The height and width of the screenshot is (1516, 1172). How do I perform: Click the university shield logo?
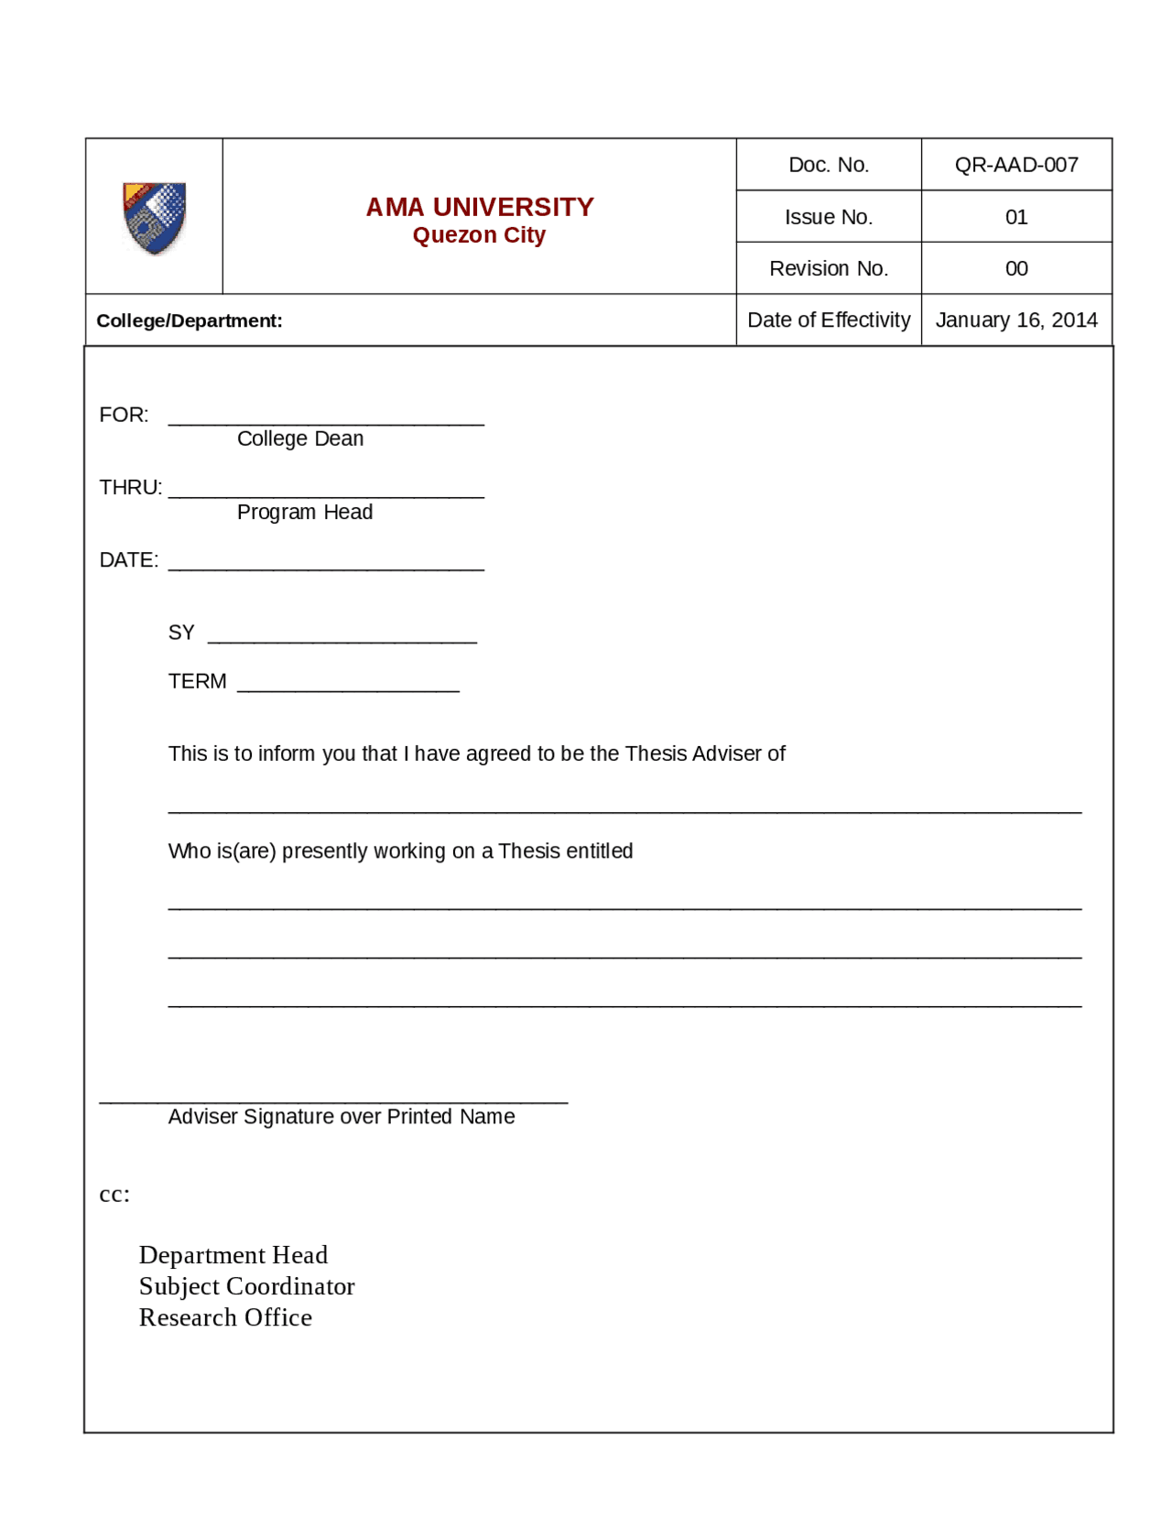point(154,218)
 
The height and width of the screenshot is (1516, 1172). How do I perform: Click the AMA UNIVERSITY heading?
point(479,207)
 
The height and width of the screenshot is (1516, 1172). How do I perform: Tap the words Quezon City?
point(479,235)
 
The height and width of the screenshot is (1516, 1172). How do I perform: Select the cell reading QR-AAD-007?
point(1015,165)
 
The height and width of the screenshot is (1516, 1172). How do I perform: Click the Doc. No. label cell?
point(828,165)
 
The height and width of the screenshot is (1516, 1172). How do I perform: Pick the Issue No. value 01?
point(1015,217)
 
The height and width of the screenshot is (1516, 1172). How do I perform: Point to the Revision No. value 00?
point(1015,268)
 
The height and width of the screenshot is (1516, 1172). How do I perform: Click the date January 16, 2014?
point(1015,319)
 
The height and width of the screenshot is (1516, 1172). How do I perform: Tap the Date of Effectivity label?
point(828,319)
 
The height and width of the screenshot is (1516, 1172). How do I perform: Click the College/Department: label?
point(190,321)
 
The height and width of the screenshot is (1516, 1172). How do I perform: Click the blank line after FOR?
point(326,420)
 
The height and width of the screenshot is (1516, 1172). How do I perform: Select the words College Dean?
point(300,439)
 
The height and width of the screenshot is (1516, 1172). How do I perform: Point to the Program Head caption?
point(304,512)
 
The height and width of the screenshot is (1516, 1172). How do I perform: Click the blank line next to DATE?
point(326,565)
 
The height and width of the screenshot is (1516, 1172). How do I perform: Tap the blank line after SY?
point(342,638)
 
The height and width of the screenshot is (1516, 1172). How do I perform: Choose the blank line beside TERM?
point(348,687)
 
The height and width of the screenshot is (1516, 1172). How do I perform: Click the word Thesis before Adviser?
point(656,753)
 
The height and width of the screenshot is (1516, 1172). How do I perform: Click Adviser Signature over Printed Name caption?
point(341,1116)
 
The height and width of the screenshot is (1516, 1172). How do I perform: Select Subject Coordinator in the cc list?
point(246,1286)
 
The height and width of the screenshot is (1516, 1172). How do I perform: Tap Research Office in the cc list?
point(225,1317)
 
